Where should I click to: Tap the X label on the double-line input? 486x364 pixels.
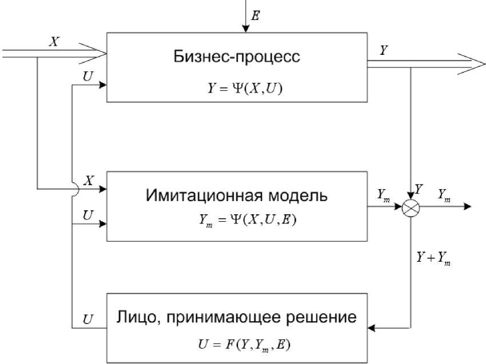[54, 42]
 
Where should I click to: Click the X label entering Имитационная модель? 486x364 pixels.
[88, 178]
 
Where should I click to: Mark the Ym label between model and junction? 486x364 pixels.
[383, 194]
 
